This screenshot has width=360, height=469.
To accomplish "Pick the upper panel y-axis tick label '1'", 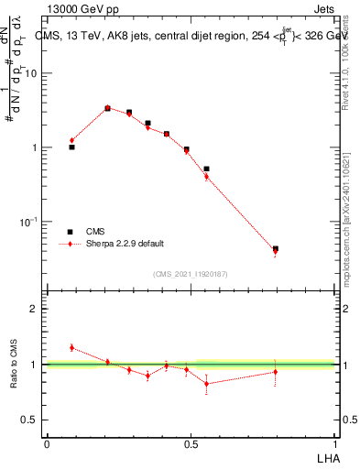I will point(35,147).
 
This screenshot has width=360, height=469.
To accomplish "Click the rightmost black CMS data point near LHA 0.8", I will point(275,248).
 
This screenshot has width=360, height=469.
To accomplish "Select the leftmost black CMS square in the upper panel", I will point(71,147).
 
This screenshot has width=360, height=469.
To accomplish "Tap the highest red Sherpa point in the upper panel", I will point(107,107).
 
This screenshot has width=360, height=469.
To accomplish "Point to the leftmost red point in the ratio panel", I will point(71,347).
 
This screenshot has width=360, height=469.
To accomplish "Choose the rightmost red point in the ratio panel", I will point(275,372).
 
